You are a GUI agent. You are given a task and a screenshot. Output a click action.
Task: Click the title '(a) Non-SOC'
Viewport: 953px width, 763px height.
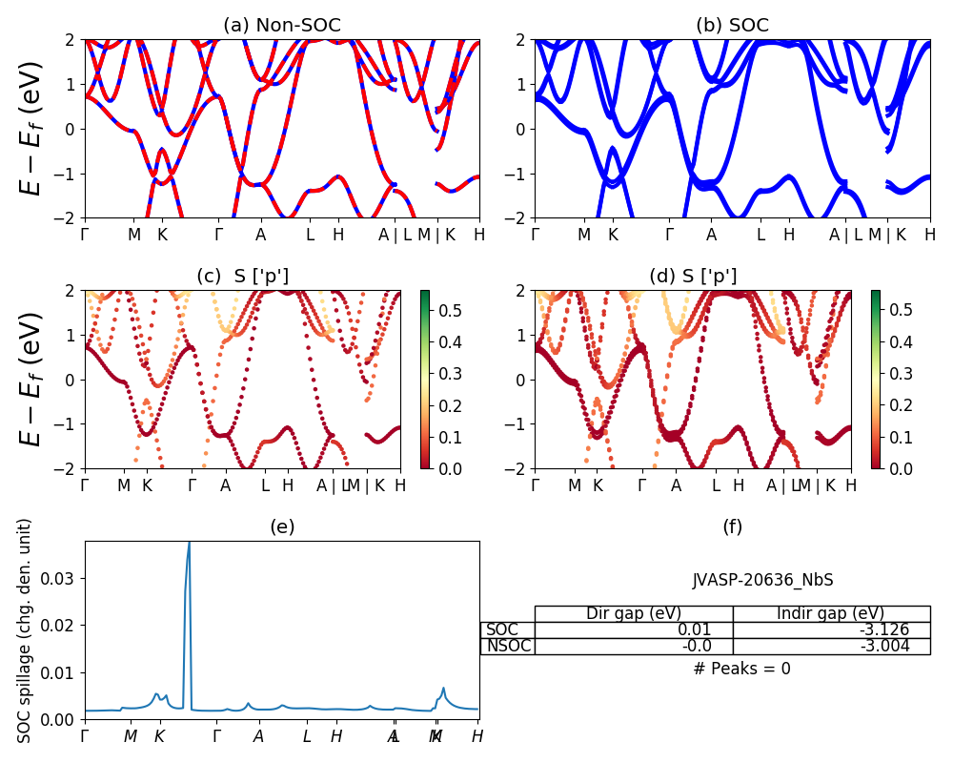(281, 26)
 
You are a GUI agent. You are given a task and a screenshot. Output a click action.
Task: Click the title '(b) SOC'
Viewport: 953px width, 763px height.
(732, 26)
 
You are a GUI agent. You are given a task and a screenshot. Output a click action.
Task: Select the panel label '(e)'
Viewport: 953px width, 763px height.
(281, 526)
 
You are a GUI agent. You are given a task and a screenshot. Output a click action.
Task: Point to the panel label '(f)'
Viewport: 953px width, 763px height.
(732, 526)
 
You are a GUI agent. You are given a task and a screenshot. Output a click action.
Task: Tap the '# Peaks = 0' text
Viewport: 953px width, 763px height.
(741, 669)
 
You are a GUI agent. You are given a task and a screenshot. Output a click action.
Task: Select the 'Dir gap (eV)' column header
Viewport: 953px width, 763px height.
(634, 613)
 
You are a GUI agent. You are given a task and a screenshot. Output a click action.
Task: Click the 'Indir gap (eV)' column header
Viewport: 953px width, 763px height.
(831, 613)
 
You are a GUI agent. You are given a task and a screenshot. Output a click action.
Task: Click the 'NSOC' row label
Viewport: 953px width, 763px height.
(508, 646)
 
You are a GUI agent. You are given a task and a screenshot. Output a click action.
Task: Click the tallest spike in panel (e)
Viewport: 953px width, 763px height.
(189, 546)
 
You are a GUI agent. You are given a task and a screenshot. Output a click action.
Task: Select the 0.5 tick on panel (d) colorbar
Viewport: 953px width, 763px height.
(901, 310)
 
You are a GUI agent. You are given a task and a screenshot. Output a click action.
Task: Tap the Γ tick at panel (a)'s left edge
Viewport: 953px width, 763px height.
(85, 235)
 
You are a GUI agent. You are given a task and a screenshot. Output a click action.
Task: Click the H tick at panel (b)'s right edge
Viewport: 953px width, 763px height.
(929, 235)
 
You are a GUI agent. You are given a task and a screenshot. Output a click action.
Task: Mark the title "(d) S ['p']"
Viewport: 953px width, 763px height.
(693, 277)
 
